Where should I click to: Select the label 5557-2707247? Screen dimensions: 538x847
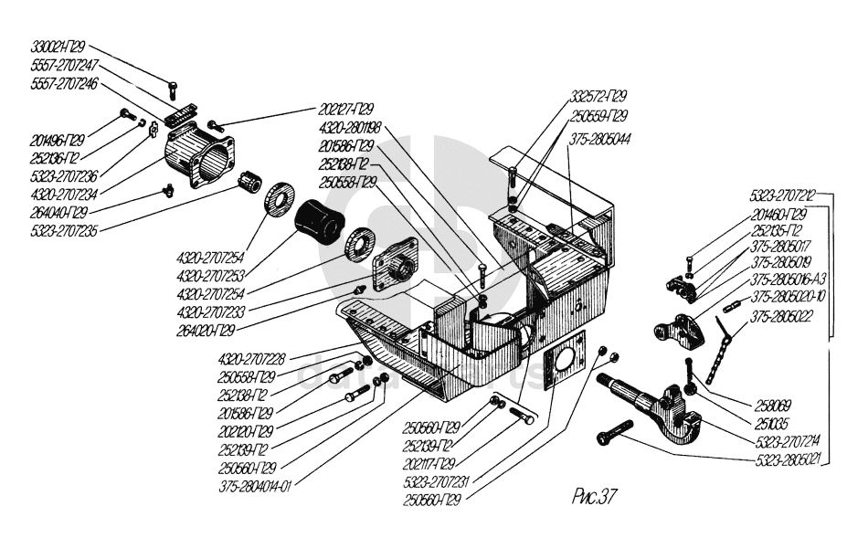[64, 66]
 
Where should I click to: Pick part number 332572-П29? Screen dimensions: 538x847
[598, 96]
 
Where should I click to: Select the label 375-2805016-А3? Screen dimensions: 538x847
[789, 280]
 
